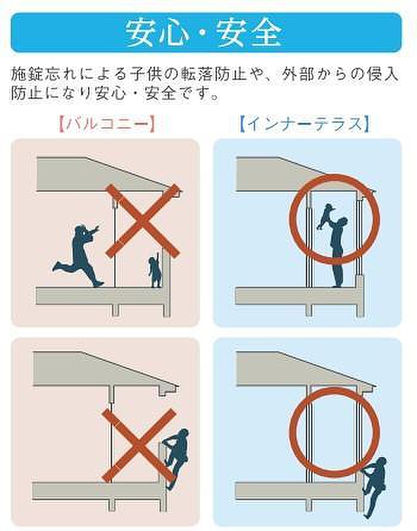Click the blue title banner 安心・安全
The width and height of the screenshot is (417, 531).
tap(206, 33)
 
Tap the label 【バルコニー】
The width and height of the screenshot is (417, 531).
tap(107, 124)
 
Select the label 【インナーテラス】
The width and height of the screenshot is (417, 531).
tap(304, 124)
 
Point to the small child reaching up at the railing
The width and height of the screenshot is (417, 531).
tap(155, 269)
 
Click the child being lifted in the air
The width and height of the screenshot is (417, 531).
tap(325, 216)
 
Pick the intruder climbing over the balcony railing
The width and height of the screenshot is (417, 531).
tap(176, 455)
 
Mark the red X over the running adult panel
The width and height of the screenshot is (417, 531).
tap(142, 221)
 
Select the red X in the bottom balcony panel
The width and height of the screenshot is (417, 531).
tap(139, 446)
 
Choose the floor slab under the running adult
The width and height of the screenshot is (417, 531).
tap(102, 296)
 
